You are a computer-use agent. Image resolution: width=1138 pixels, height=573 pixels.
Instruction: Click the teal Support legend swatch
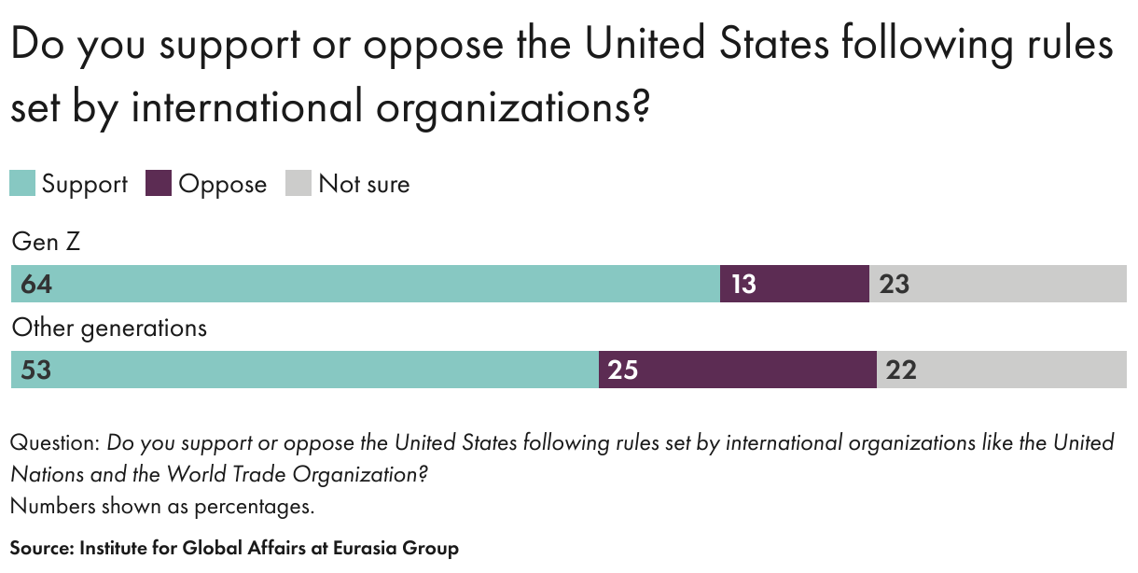pos(22,183)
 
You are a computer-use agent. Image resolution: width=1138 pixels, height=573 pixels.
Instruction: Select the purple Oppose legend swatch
pos(159,183)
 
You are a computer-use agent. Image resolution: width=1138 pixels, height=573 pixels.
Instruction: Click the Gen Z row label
pos(46,243)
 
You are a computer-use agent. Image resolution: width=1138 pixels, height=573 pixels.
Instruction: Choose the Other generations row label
pos(109,328)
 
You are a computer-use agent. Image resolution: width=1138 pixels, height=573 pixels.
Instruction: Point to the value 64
pos(36,284)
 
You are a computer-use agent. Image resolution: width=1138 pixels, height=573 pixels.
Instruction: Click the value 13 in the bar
pos(743,284)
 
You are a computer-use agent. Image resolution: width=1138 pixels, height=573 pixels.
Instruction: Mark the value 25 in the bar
pos(623,370)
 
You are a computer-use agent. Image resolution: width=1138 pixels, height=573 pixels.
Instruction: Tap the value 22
pos(901,370)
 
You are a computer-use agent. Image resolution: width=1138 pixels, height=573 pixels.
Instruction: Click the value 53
pos(35,370)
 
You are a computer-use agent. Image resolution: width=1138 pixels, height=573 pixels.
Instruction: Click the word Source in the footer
pos(40,548)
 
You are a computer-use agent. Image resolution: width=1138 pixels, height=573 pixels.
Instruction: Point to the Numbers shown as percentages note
pos(162,507)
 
